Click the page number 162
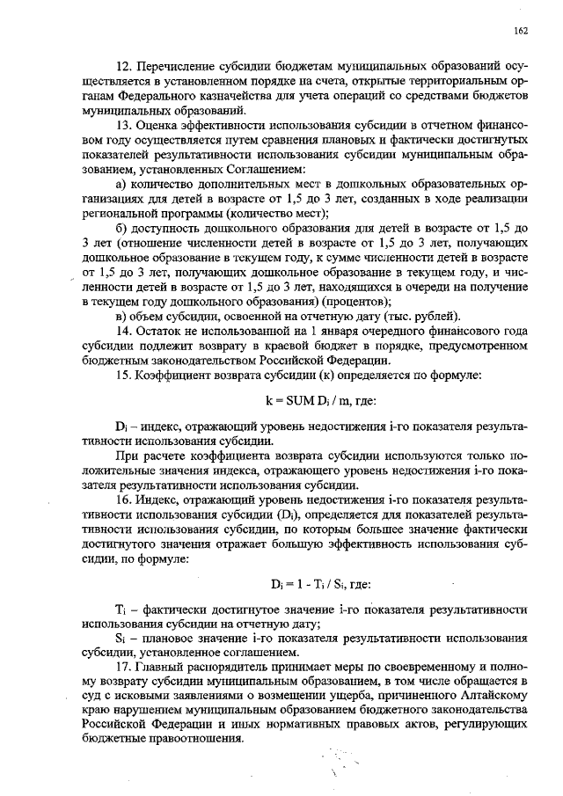(520, 31)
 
